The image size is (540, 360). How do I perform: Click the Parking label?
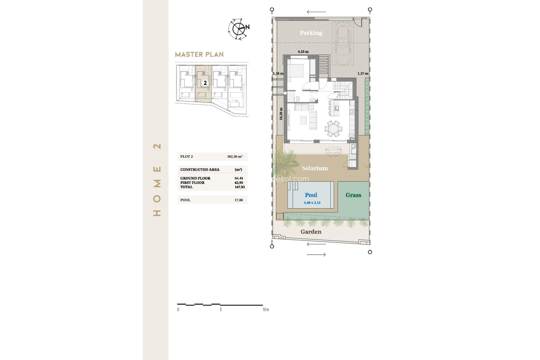point(311,33)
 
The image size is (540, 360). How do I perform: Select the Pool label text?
point(311,195)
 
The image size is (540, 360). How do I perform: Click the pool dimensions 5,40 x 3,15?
point(312,202)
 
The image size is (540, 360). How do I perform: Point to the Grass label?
point(353,195)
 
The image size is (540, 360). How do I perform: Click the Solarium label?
point(315,168)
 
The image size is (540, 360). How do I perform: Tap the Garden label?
point(311,232)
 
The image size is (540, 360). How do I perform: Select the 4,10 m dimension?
point(303,52)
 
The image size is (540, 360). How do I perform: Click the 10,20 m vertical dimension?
point(281,114)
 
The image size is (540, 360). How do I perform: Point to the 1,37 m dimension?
point(363,73)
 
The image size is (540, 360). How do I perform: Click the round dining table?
point(334,129)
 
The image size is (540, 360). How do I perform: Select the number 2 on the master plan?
point(205,83)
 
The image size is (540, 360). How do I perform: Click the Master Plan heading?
point(199,55)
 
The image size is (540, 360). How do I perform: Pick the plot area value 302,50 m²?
point(235,157)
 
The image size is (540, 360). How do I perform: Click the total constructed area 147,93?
point(240,187)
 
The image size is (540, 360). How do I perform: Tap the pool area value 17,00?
point(238,200)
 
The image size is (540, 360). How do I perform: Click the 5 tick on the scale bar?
point(220,309)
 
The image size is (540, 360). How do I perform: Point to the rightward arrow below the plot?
point(316,255)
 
